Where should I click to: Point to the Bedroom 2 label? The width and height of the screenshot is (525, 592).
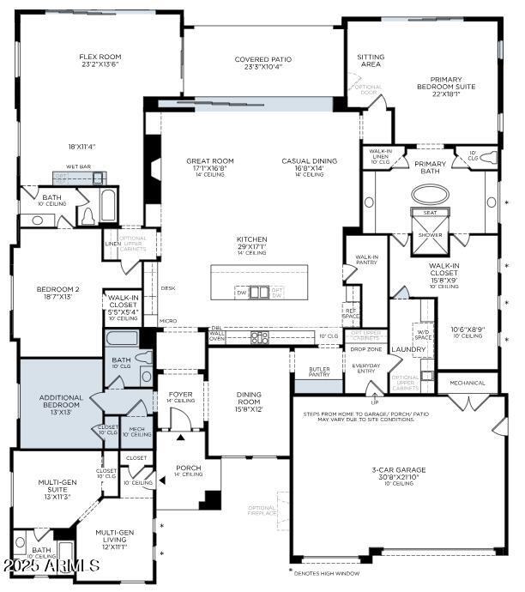click(58, 290)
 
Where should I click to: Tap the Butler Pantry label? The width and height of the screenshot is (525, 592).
click(320, 371)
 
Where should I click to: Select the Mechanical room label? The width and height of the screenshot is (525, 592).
click(468, 383)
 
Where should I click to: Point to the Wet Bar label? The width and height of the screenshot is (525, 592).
click(79, 168)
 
